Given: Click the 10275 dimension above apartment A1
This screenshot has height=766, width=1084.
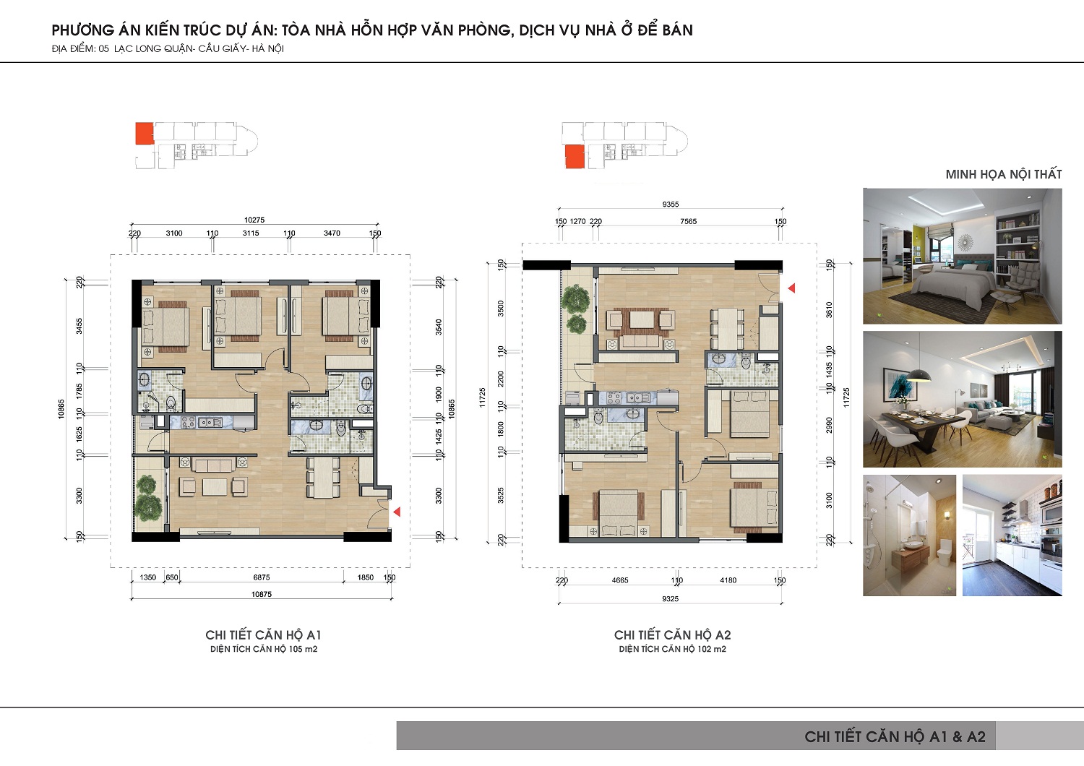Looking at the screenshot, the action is pyautogui.click(x=254, y=220).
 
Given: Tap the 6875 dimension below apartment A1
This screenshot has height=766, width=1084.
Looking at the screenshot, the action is pyautogui.click(x=262, y=577).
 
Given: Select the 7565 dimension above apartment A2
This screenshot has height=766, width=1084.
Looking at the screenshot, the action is pyautogui.click(x=688, y=222).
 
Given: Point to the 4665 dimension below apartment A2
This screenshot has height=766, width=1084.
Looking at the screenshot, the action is pyautogui.click(x=620, y=580).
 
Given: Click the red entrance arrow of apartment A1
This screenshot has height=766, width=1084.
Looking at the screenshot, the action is pyautogui.click(x=397, y=512).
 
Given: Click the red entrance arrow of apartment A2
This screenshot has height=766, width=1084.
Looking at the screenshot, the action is pyautogui.click(x=792, y=288).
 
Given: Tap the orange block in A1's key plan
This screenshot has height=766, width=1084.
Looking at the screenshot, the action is pyautogui.click(x=145, y=133).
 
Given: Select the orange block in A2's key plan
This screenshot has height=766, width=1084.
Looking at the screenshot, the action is pyautogui.click(x=575, y=157).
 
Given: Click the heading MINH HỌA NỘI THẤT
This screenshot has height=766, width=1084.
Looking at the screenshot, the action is pyautogui.click(x=1004, y=174).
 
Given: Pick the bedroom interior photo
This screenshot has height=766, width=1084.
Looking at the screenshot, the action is pyautogui.click(x=963, y=256).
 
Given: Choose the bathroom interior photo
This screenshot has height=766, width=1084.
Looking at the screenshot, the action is pyautogui.click(x=909, y=535).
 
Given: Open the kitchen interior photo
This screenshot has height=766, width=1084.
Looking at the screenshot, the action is pyautogui.click(x=1012, y=535).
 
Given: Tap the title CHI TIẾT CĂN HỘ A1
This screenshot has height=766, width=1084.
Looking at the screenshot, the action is pyautogui.click(x=263, y=635).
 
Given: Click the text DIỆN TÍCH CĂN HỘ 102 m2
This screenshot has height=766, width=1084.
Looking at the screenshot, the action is pyautogui.click(x=672, y=650).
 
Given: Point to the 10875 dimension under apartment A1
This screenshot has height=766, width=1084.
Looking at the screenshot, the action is pyautogui.click(x=262, y=594).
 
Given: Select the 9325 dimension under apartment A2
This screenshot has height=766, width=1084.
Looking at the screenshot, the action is pyautogui.click(x=670, y=599).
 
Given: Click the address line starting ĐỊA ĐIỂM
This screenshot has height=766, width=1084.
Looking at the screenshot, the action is pyautogui.click(x=168, y=49).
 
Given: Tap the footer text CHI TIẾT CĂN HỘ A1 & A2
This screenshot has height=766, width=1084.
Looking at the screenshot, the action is pyautogui.click(x=895, y=736).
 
